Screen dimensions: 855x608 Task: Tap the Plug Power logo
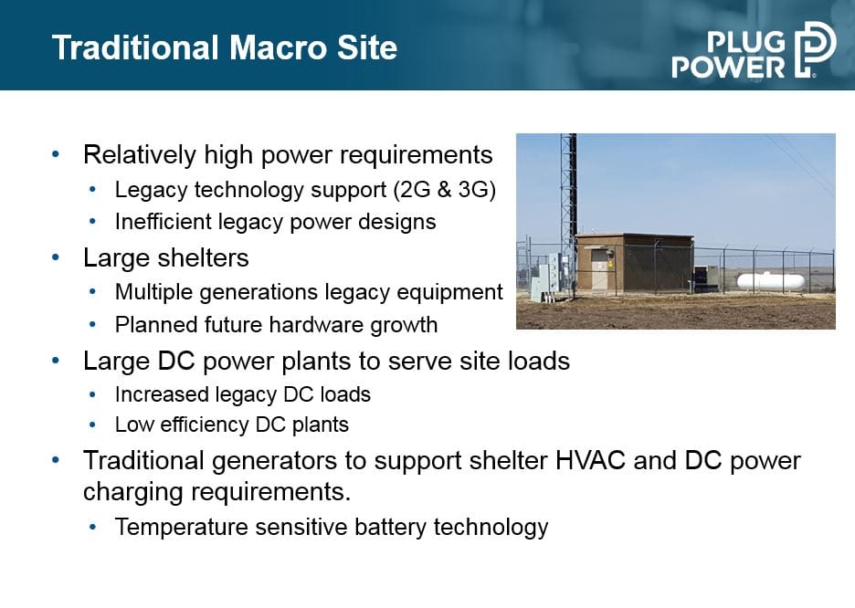754,50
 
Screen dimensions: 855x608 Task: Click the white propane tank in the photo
770,280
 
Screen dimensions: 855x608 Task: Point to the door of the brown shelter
600,269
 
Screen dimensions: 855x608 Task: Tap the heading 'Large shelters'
165,257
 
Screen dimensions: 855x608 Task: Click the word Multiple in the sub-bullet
153,292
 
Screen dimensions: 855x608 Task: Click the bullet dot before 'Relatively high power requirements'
55,154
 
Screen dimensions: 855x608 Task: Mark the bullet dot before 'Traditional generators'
55,460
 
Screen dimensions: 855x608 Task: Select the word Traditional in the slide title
135,47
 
